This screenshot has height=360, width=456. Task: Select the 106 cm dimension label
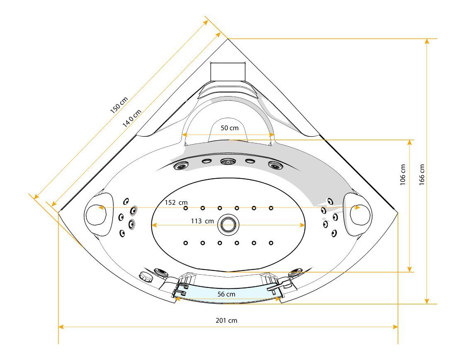(403, 174)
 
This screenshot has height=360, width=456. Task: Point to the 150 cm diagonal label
(119, 105)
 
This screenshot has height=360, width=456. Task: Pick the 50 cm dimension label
(229, 128)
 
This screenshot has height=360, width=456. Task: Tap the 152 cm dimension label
(176, 203)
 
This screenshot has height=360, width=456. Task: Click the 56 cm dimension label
(226, 294)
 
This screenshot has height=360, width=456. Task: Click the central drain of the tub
(228, 225)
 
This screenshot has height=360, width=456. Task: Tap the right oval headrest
(358, 213)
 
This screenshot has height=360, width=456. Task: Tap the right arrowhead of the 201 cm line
(396, 327)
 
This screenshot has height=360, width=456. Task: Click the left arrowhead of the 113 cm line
(153, 225)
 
